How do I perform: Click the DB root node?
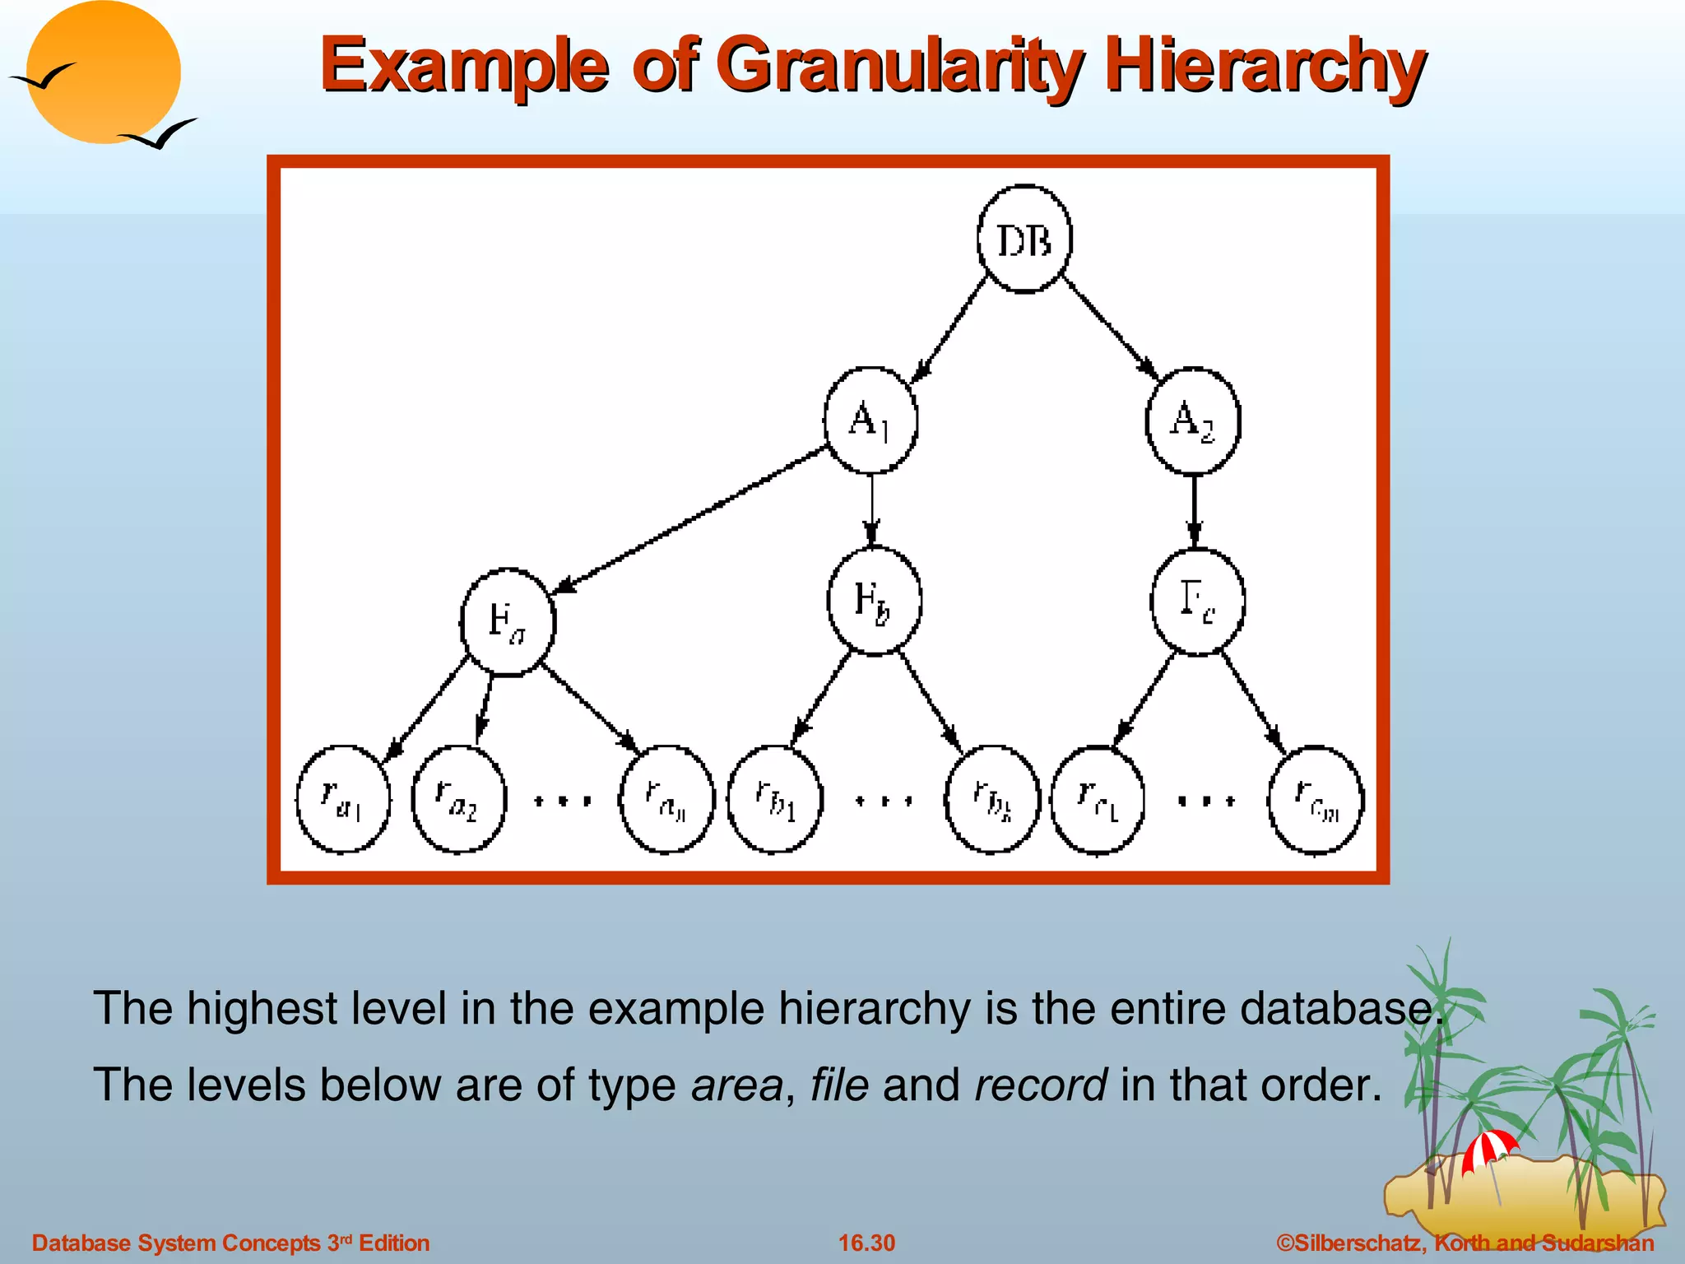pos(1024,239)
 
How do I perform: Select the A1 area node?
pos(870,421)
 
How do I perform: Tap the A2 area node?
pos(1193,421)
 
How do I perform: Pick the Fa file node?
pos(508,622)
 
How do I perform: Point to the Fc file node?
pos(1197,601)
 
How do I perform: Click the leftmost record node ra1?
pos(342,799)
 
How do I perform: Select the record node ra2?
pos(458,799)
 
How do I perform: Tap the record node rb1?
pos(775,799)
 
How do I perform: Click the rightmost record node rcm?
pos(1316,799)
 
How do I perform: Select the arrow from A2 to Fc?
pos(1195,510)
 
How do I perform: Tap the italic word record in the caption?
pos(1041,1085)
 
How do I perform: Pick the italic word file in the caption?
pos(839,1085)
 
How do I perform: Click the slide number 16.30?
pos(866,1243)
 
